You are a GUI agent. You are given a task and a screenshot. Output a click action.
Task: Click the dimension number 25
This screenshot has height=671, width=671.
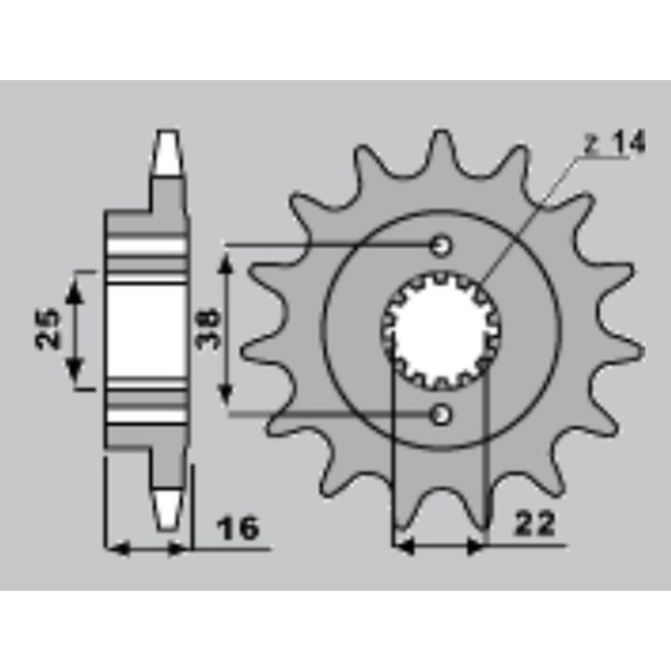point(48,329)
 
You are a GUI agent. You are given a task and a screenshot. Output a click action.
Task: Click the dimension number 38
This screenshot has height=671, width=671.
point(209,329)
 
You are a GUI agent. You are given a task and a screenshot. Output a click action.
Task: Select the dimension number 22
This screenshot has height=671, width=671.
point(535,523)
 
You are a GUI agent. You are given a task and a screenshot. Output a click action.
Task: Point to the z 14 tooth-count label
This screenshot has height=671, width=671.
point(615,143)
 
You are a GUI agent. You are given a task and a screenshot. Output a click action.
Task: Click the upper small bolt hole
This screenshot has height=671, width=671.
point(441,246)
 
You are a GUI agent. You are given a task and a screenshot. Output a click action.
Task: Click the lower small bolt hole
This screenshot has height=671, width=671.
point(441,415)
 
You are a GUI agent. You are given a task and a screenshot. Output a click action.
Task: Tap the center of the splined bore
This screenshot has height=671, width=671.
point(442,330)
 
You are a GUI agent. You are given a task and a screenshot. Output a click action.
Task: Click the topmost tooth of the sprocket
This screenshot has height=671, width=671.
point(441,150)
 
